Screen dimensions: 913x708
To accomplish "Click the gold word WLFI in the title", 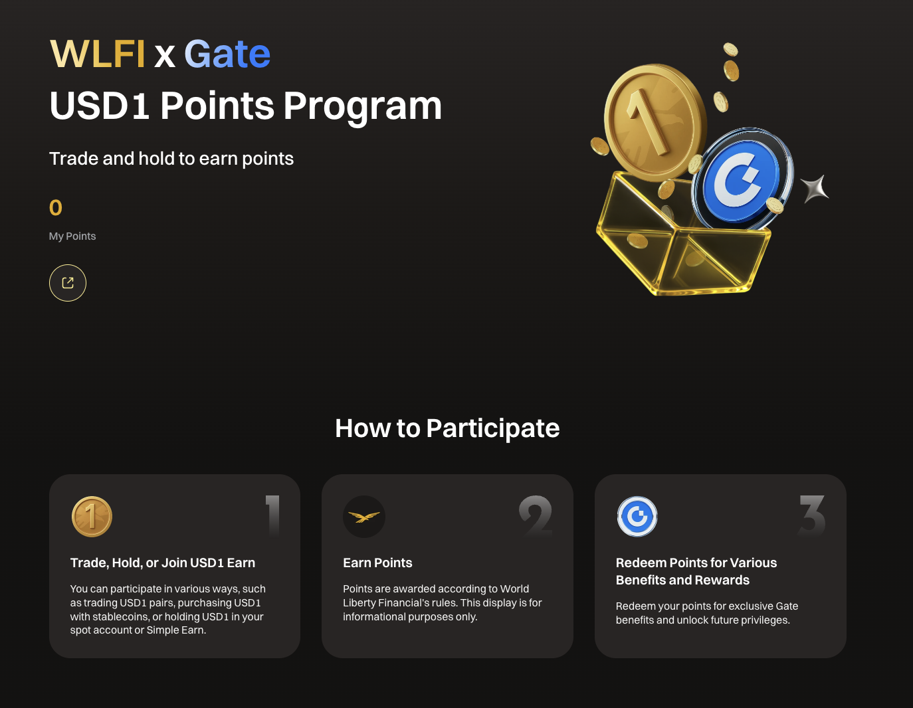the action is (98, 54).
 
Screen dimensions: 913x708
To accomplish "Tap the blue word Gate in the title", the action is (227, 54).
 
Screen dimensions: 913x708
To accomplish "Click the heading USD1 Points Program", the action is (245, 106).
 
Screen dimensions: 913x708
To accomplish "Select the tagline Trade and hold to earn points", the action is (171, 159).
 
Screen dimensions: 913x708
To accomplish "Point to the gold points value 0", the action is (55, 207).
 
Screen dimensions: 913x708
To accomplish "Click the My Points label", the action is (72, 236).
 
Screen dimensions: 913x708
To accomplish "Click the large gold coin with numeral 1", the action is (655, 123).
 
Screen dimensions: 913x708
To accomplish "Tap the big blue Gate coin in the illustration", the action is (742, 178).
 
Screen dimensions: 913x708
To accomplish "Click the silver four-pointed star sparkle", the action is (815, 189).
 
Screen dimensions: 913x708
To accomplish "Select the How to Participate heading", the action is (447, 428).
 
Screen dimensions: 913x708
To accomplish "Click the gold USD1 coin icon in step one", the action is (92, 517).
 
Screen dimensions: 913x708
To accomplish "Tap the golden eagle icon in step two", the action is (364, 517).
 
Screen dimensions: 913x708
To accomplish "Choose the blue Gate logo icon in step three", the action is (637, 517).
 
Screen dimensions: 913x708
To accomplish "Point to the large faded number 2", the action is (536, 515).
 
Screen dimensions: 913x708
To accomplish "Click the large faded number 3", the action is (812, 515).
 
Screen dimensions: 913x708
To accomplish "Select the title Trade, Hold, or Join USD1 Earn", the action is (163, 563).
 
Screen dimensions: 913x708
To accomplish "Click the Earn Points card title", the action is (377, 563).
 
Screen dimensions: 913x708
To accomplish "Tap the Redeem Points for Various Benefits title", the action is (696, 572).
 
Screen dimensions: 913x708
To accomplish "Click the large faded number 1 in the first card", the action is (273, 515).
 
